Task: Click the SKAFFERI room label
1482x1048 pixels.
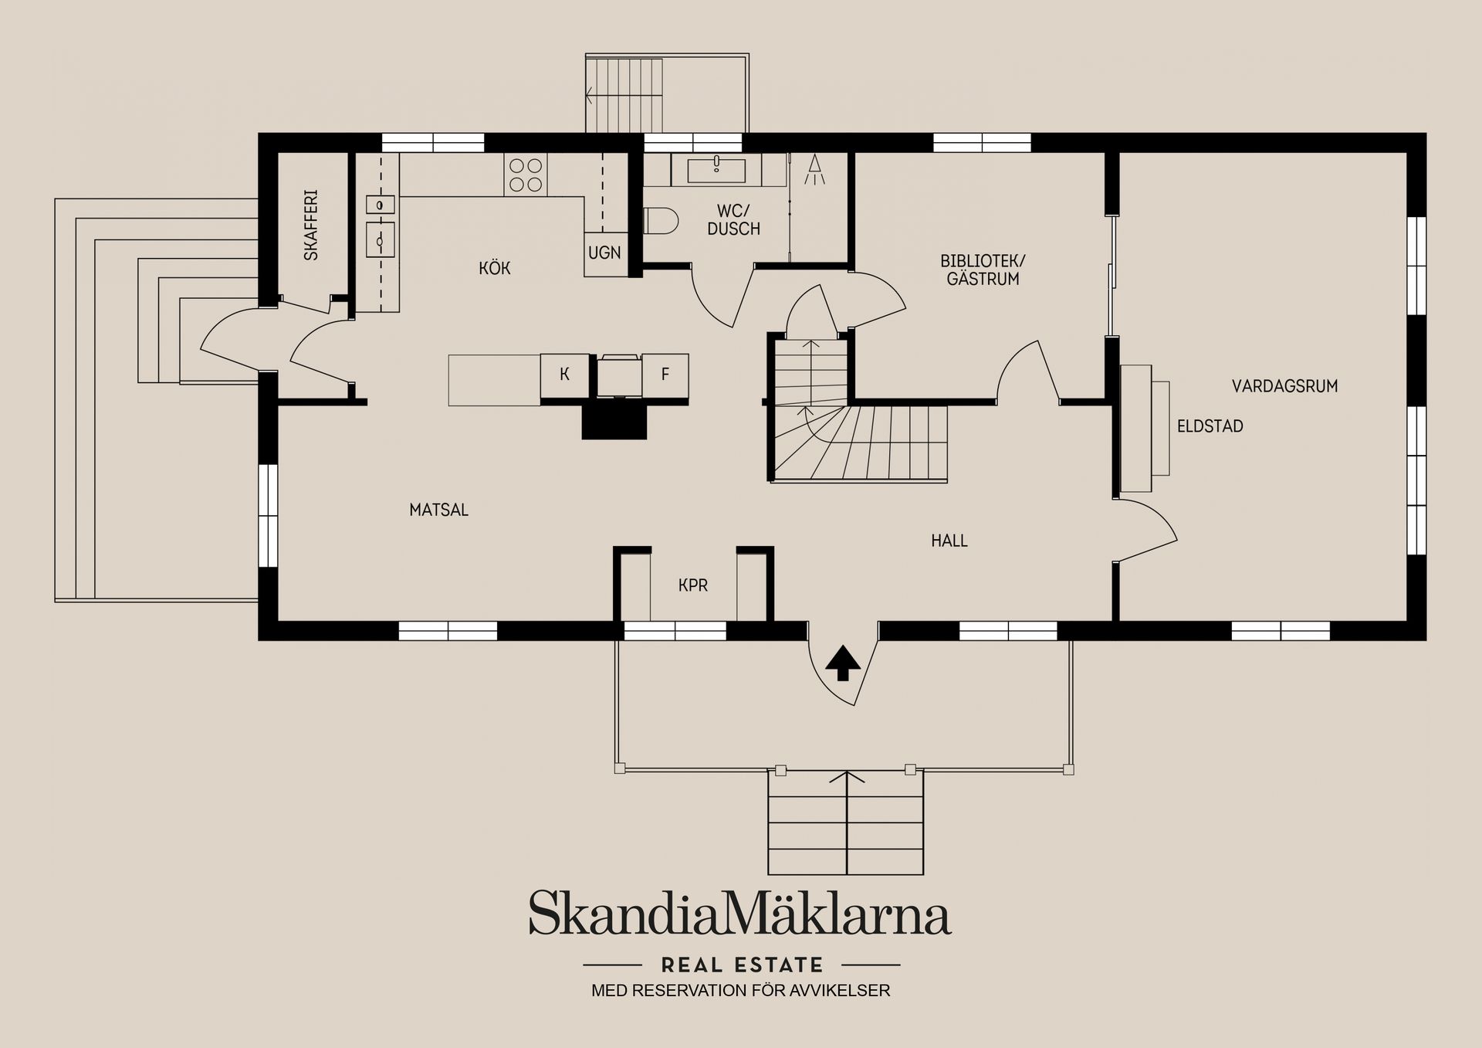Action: coord(311,225)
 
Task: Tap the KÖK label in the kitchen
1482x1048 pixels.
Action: coord(495,268)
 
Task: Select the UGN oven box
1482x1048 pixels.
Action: coord(605,253)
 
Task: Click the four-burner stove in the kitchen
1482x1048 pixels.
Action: coord(526,175)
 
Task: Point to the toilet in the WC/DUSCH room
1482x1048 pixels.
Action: coord(660,221)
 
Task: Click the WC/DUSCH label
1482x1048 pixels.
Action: coord(733,220)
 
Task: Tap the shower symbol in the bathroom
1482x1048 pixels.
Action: coord(814,170)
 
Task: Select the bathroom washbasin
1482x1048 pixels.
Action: coord(716,169)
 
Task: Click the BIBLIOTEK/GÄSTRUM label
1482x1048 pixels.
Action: coord(983,270)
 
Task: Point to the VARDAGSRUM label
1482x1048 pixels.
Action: coord(1284,386)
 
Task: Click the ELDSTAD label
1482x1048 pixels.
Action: coord(1210,426)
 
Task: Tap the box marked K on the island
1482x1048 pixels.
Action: coord(565,375)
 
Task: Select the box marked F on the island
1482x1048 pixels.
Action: coord(665,375)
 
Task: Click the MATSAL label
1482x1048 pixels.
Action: coord(438,510)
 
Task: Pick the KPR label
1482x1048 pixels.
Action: coord(693,585)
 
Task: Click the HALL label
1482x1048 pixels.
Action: coord(949,541)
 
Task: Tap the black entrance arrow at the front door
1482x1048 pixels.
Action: coord(843,663)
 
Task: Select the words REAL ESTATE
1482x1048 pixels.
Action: coord(743,965)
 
